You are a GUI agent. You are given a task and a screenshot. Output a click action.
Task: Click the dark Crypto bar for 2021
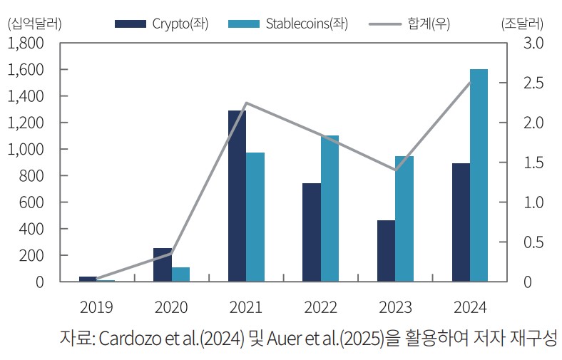coord(237,196)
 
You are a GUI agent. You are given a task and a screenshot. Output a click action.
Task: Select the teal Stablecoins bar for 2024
coord(479,175)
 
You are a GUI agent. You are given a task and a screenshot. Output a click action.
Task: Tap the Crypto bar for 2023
coord(386,251)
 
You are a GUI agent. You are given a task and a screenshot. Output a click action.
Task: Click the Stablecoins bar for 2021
coord(255,217)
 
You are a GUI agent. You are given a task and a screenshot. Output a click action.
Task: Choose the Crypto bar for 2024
coord(461,222)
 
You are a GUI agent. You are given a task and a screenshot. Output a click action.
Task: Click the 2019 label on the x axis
coord(96,307)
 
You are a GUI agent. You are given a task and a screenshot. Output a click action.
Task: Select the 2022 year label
coord(320,307)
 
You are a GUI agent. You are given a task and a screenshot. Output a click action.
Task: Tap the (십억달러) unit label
coord(34,23)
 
